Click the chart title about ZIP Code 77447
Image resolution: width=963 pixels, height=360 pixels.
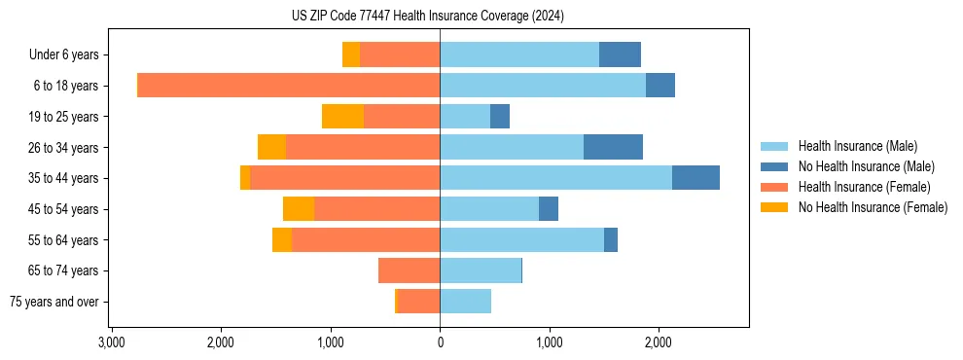tap(427, 16)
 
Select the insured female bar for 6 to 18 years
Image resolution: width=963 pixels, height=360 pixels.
tap(289, 86)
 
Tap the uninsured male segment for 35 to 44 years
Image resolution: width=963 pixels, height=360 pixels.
tap(695, 178)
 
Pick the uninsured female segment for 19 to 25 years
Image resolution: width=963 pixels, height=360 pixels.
tap(342, 117)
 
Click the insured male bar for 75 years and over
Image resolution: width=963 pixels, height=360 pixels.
tap(465, 302)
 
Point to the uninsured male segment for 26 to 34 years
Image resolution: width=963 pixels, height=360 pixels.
tap(613, 147)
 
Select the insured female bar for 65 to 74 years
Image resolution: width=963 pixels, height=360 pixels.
tap(409, 270)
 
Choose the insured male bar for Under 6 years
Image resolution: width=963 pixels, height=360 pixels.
tap(519, 54)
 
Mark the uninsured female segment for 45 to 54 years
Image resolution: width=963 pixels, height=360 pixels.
tap(299, 209)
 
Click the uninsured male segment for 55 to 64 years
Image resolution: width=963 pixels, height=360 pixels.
tap(611, 239)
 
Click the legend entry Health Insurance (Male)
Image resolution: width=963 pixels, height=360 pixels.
tap(857, 146)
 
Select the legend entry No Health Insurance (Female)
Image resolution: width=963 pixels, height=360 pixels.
tap(873, 207)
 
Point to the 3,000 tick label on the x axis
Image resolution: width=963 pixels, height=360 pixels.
tap(112, 342)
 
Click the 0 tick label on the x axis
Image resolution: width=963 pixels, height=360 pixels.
tap(440, 342)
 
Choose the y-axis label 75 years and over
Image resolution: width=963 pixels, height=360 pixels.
tap(54, 302)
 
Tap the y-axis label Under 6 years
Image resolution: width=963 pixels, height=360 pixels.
tap(64, 55)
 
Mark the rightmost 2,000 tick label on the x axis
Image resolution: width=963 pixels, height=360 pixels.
tap(659, 342)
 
